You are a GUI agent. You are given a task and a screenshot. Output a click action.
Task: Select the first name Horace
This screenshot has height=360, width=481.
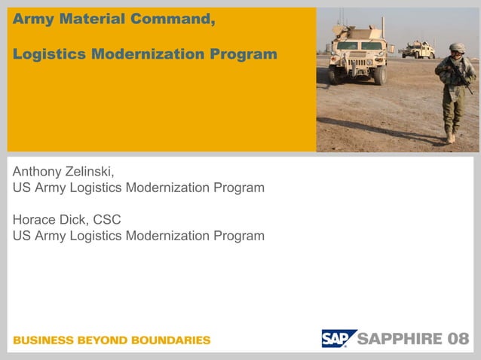pos(34,220)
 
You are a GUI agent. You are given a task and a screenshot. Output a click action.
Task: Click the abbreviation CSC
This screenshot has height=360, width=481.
pos(105,220)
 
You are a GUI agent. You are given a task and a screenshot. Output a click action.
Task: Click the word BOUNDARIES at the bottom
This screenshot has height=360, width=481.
pos(171,340)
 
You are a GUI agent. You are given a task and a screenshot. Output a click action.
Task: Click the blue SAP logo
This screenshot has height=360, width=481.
pos(335,339)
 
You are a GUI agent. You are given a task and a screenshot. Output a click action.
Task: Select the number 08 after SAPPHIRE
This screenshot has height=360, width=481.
pos(459,339)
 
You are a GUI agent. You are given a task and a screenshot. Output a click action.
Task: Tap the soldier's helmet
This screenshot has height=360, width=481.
pos(457,48)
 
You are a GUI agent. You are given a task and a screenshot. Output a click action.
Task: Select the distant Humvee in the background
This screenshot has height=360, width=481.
pos(418,50)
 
